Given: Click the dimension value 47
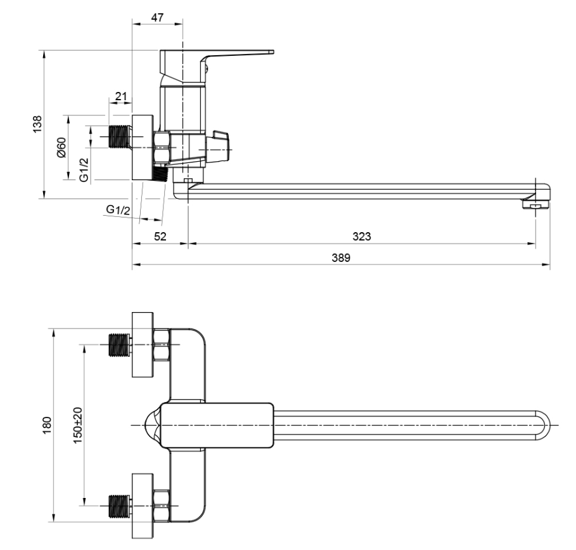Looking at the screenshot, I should [x=157, y=18].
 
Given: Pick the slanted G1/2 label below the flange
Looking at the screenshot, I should [x=118, y=210].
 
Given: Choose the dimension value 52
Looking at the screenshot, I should [x=160, y=236].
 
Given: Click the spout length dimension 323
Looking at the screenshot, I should [x=361, y=236].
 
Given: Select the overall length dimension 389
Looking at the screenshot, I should [x=341, y=258].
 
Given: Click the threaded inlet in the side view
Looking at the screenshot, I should [x=118, y=135].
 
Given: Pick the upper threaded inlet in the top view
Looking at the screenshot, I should [x=118, y=344].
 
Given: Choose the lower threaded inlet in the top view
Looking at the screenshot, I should [x=118, y=505].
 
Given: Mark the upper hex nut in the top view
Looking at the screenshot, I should [x=161, y=344].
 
